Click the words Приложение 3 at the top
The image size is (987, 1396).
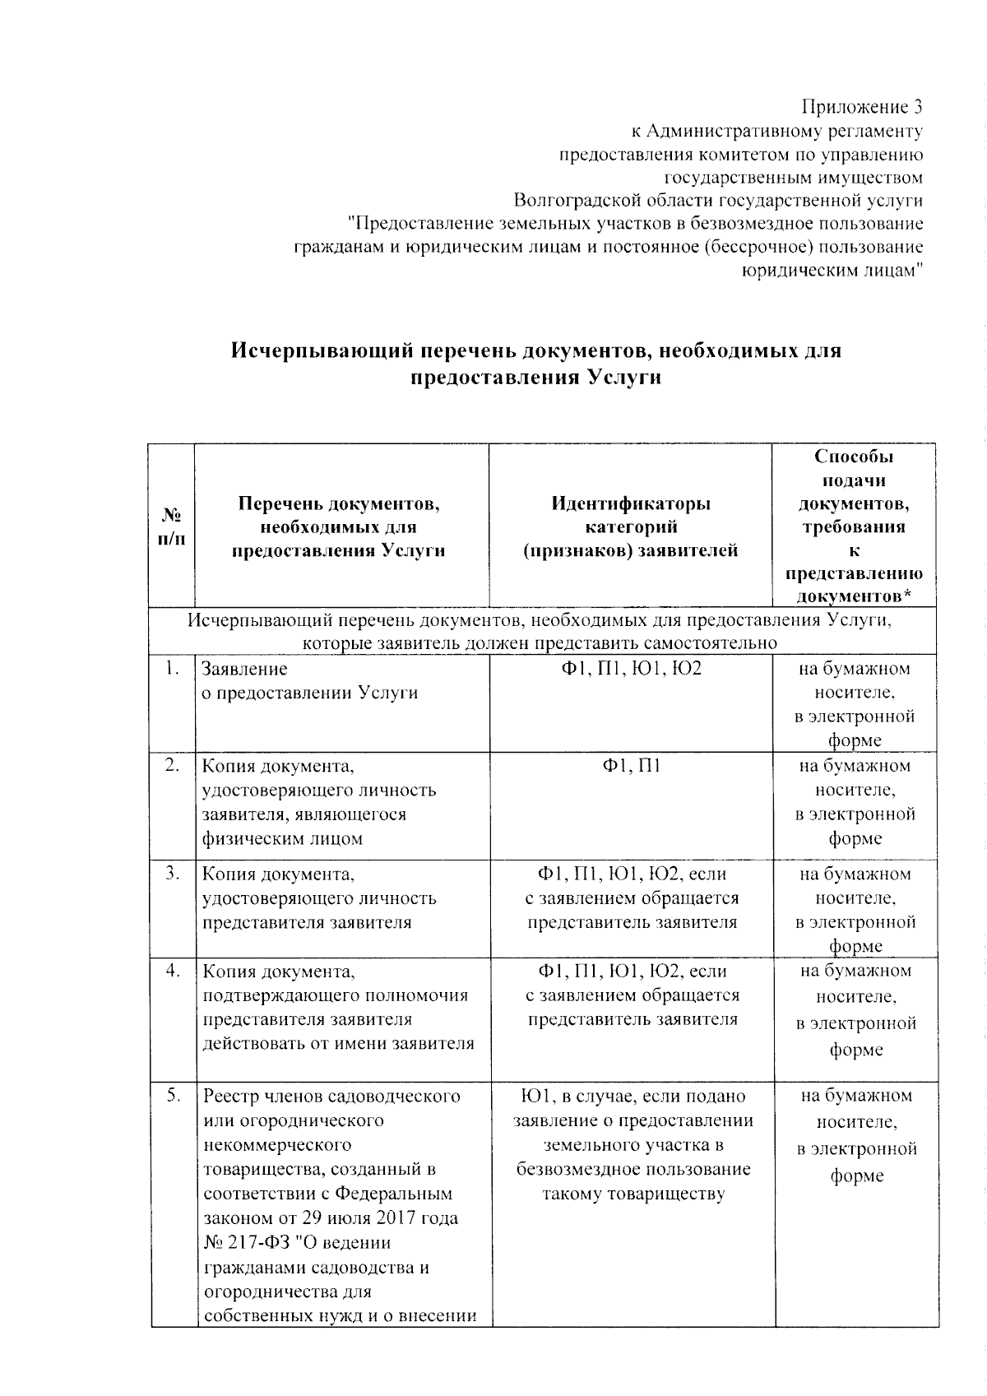coord(862,108)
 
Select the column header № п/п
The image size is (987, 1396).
coord(172,526)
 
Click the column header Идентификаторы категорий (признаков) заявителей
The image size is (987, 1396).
coord(631,526)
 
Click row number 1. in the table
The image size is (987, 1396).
coord(171,669)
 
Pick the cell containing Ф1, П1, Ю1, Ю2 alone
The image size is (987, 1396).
coord(631,669)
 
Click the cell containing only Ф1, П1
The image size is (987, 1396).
coord(631,766)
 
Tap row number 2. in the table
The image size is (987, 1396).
coord(171,765)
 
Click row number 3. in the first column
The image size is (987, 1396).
coord(171,874)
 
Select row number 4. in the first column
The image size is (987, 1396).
coord(171,971)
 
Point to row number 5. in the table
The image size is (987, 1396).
coord(171,1096)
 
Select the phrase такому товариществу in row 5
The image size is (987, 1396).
coord(633,1194)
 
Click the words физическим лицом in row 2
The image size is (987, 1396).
coord(282,840)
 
